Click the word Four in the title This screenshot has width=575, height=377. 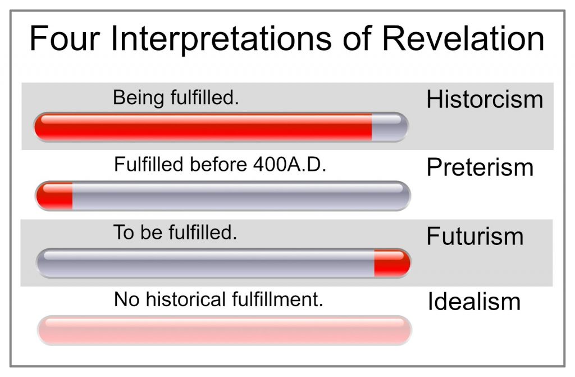click(x=65, y=38)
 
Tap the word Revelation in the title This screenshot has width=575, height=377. click(x=463, y=38)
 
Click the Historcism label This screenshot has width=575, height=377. click(x=485, y=99)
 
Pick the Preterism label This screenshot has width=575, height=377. click(x=480, y=167)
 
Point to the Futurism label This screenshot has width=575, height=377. click(x=475, y=235)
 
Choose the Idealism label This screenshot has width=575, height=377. click(x=474, y=302)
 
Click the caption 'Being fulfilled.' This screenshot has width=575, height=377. click(x=176, y=98)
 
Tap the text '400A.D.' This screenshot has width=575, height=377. click(x=289, y=164)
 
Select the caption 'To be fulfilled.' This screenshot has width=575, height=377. click(x=175, y=232)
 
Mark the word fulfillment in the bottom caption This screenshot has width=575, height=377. click(x=277, y=299)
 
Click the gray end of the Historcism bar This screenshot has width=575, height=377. click(x=390, y=127)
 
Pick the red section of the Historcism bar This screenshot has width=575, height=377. click(x=203, y=127)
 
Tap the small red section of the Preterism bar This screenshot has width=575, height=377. click(x=54, y=196)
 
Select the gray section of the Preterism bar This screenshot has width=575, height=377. click(x=241, y=196)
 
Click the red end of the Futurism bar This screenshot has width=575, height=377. click(x=392, y=263)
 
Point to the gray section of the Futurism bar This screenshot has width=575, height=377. click(x=206, y=263)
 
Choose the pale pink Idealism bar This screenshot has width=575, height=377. click(x=225, y=330)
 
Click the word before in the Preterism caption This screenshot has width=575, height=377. click(x=218, y=164)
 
